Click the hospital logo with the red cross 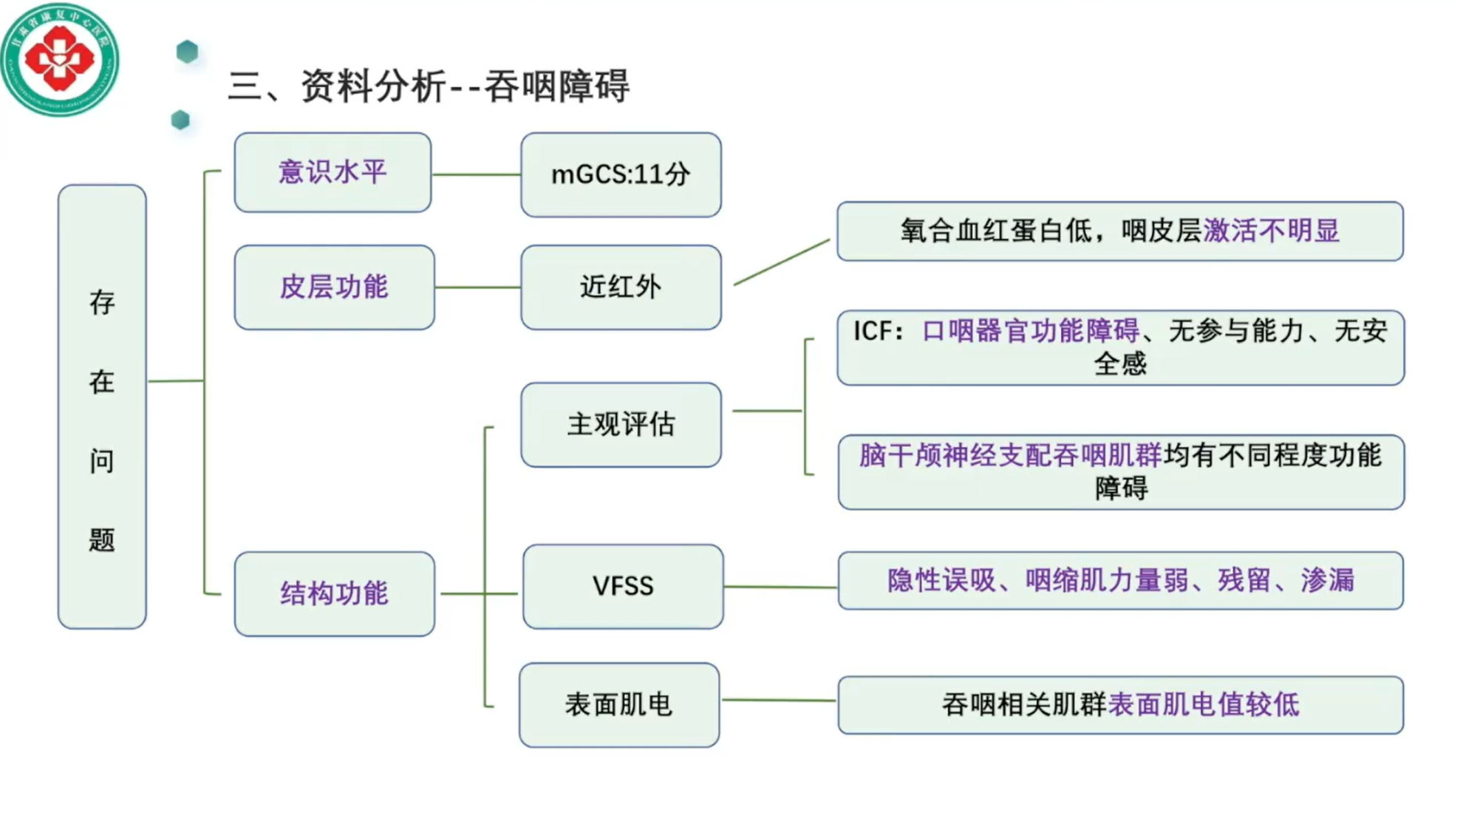59,59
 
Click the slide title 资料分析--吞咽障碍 429,86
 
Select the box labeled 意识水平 332,173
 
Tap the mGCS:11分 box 621,175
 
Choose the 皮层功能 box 334,287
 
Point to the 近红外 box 621,287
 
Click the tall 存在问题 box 102,406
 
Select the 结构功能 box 334,593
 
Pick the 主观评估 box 621,425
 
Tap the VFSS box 623,587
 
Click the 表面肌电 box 619,705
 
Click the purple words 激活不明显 1271,231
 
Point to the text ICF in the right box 872,331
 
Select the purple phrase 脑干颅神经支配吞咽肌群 1010,456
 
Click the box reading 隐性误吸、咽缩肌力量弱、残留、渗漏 1120,581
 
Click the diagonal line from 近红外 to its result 782,262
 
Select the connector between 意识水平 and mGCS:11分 476,175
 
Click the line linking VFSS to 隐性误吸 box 780,587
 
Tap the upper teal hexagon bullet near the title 188,52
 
